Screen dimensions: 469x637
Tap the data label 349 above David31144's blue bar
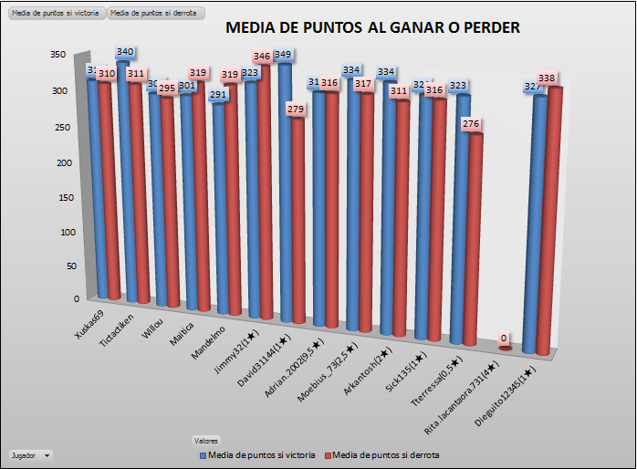pos(283,55)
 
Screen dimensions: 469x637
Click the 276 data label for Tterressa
pos(470,123)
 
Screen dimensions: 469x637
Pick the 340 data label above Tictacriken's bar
pos(126,52)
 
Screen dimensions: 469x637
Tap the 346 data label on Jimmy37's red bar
pos(262,57)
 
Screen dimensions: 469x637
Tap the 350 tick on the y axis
pos(57,55)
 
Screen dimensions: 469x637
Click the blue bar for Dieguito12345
pos(538,219)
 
